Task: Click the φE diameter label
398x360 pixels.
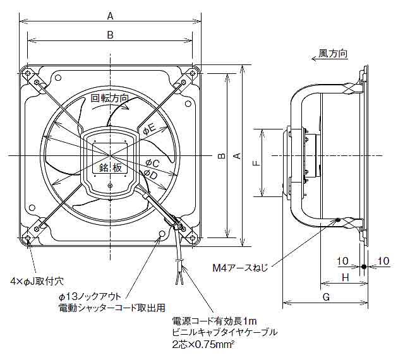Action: (x=149, y=129)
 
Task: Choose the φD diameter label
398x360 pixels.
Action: (x=150, y=174)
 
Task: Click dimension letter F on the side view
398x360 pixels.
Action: (x=255, y=163)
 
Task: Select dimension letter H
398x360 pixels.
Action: (x=345, y=277)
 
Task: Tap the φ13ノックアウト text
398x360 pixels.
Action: (x=90, y=297)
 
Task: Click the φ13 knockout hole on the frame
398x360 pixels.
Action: (x=162, y=234)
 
